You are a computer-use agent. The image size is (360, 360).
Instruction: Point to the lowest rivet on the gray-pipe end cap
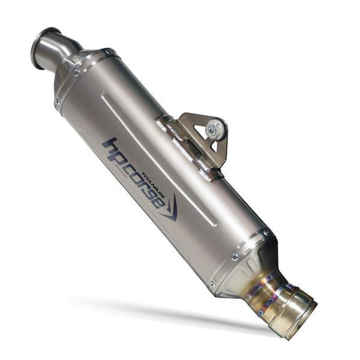58,102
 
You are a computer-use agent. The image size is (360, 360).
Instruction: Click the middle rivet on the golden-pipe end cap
234,257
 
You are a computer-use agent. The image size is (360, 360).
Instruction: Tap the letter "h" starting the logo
108,145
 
